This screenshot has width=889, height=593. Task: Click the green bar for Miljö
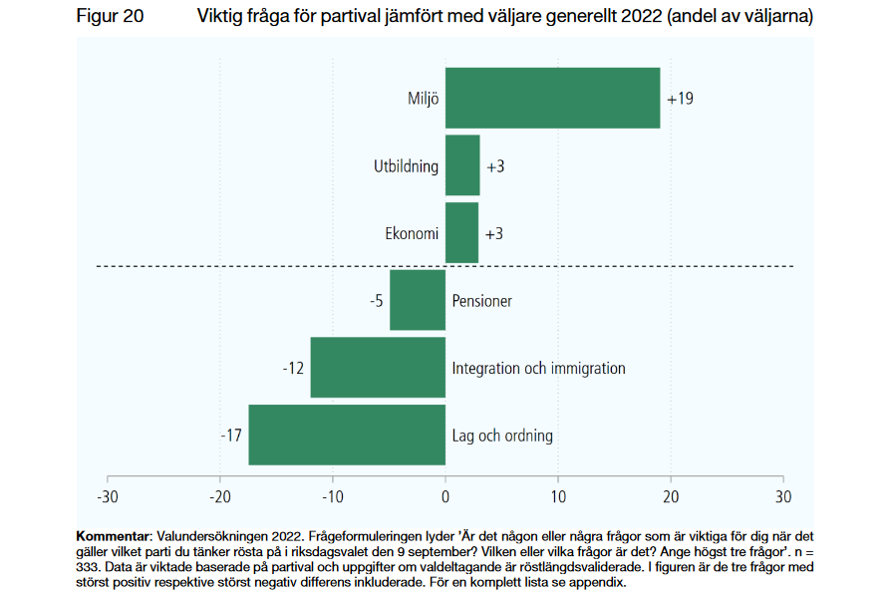[552, 98]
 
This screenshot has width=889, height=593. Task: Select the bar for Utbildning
[462, 165]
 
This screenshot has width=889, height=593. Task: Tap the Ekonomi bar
[461, 233]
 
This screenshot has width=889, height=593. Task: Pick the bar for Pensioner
[418, 300]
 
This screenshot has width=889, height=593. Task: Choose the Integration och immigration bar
[378, 368]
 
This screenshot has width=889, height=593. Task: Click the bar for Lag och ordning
[347, 436]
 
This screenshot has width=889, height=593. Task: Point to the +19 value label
[680, 99]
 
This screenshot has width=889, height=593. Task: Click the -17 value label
[231, 436]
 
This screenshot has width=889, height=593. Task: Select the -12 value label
[293, 368]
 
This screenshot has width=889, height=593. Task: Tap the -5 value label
[376, 300]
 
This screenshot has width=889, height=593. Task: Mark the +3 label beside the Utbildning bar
[494, 166]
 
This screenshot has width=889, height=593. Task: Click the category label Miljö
[423, 99]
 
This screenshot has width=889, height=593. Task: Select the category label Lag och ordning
[502, 436]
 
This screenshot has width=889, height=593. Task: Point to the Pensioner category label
[481, 300]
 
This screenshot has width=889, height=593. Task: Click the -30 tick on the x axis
[107, 495]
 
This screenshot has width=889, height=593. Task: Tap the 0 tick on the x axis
[445, 495]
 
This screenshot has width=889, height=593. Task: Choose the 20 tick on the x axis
[671, 495]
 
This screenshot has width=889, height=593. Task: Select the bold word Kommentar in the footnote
[112, 535]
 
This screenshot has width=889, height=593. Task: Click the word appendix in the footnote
[598, 583]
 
